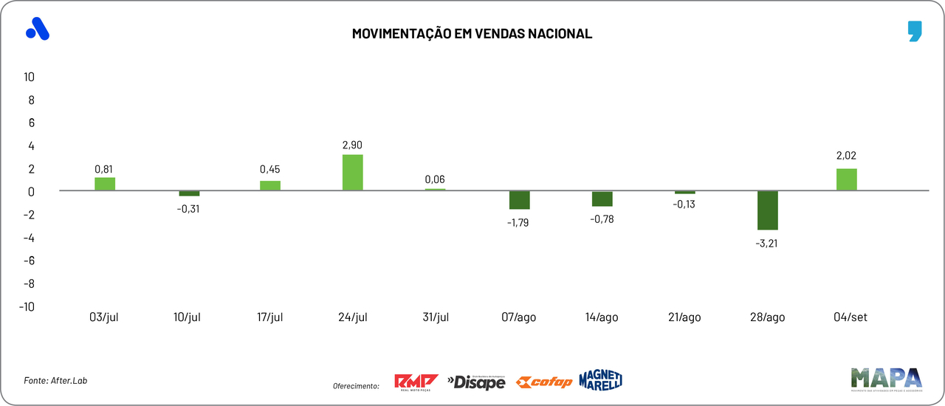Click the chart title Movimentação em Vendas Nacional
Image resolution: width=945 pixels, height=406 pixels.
click(472, 34)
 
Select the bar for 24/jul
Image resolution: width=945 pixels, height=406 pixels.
click(353, 173)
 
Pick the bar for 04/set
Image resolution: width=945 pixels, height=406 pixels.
click(847, 179)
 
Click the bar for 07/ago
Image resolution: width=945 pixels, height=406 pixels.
click(519, 200)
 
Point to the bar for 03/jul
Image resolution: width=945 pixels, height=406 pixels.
click(105, 184)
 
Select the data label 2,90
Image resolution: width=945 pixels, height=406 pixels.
click(353, 145)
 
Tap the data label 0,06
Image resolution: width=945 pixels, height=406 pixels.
click(435, 179)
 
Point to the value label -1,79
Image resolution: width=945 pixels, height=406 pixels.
click(519, 221)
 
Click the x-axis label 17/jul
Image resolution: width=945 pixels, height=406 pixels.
click(270, 317)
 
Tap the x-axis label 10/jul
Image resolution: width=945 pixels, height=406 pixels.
click(188, 317)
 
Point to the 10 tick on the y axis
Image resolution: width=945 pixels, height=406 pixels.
click(30, 77)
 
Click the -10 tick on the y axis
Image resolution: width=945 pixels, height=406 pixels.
click(27, 306)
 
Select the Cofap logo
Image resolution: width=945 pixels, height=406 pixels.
click(543, 382)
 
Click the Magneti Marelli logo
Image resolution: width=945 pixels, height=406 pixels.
click(601, 379)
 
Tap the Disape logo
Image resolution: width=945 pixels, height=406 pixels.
click(476, 382)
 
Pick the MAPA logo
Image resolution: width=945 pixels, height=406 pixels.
click(886, 379)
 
